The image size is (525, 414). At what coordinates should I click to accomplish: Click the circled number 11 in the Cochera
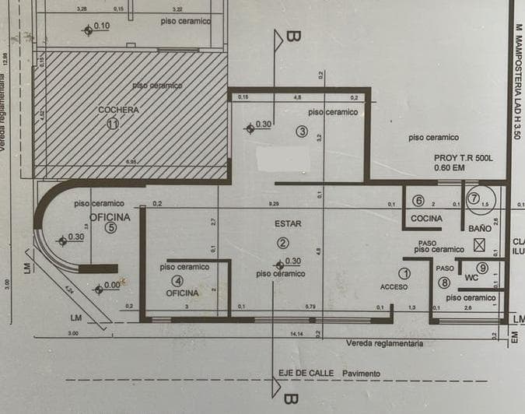click(114, 124)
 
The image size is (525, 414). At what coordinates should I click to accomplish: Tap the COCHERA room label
click(118, 111)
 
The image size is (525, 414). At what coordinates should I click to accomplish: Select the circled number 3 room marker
click(303, 132)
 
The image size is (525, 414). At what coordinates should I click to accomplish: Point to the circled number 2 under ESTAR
click(283, 243)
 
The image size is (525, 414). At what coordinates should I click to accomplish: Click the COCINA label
click(426, 219)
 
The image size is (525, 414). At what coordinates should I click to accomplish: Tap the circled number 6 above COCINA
click(418, 200)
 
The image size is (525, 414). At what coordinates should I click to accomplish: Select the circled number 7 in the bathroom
click(472, 198)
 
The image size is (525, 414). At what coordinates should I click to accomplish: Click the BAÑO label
click(480, 229)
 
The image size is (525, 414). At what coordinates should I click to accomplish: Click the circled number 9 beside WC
click(482, 268)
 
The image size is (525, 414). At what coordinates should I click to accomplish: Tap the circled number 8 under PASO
click(444, 282)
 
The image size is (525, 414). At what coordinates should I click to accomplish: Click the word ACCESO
click(394, 287)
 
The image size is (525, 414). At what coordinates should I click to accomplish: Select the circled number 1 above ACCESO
click(404, 274)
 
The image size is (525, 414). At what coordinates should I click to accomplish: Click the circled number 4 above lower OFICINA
click(179, 280)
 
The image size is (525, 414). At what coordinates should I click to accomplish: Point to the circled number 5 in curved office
click(111, 228)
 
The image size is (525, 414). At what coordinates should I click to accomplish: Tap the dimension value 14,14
click(296, 334)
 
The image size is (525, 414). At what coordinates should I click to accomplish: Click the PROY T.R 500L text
click(464, 157)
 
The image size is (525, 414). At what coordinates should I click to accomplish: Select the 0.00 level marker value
click(112, 286)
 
